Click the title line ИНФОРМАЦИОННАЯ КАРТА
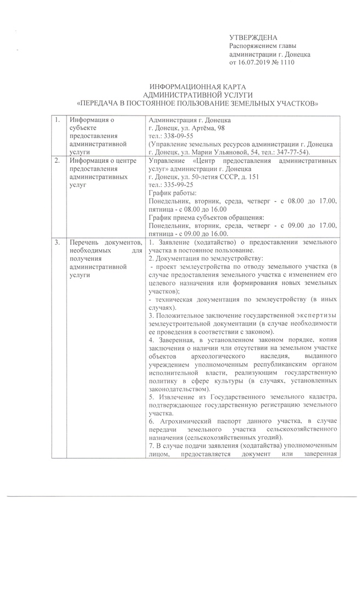coord(197,87)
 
